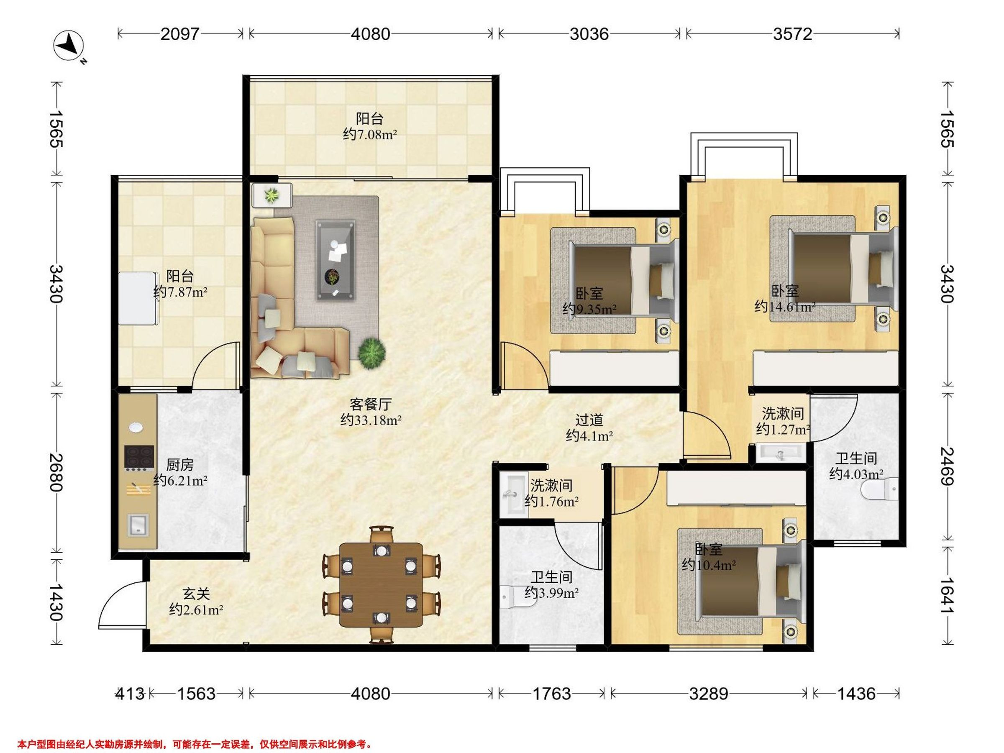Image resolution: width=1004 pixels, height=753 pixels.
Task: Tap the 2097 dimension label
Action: click(x=180, y=34)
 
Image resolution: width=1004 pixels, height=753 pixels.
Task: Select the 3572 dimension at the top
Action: click(x=792, y=34)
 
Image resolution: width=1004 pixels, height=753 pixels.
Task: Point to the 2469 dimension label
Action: click(x=947, y=466)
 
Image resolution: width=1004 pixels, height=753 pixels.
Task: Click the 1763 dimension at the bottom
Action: click(x=551, y=694)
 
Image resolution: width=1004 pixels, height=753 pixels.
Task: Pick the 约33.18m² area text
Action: click(x=371, y=420)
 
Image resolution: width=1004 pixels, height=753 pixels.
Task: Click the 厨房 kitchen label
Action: click(x=180, y=464)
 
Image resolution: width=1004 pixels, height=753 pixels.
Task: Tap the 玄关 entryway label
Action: click(x=196, y=593)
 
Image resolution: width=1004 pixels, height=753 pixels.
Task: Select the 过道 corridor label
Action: click(x=589, y=420)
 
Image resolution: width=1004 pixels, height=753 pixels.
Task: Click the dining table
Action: click(x=381, y=584)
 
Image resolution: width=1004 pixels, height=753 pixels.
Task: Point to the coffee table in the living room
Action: click(x=336, y=260)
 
